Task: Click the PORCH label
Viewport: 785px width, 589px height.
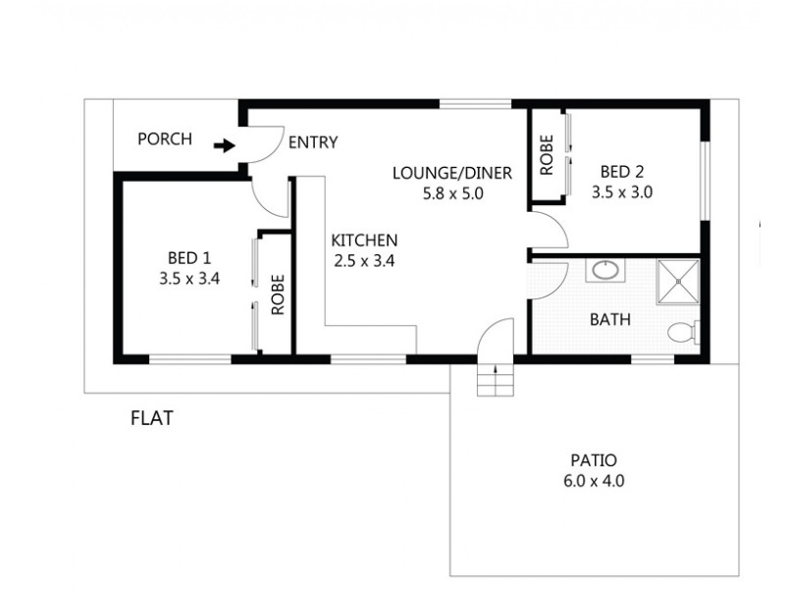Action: [x=165, y=138]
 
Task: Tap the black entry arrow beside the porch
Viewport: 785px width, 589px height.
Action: [x=225, y=146]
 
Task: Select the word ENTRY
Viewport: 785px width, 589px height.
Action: [x=313, y=142]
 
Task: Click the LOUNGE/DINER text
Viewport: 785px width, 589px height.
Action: [x=452, y=174]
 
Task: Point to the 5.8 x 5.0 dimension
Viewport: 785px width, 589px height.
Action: [x=453, y=193]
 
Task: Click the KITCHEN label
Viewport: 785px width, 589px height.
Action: [x=364, y=241]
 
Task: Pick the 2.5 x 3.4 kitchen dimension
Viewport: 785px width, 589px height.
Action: [x=364, y=261]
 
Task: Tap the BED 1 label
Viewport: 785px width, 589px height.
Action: [x=189, y=258]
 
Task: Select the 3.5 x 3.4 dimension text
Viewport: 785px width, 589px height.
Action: [x=189, y=279]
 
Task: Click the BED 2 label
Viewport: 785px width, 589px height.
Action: [x=622, y=172]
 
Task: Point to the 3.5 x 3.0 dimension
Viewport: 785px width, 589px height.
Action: [x=622, y=192]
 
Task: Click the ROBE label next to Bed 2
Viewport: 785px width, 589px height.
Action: [x=547, y=155]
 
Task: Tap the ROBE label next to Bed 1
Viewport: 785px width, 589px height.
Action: [x=278, y=294]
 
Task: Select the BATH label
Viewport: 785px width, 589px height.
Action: [x=609, y=320]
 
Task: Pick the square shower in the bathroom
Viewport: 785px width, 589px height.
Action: [x=678, y=282]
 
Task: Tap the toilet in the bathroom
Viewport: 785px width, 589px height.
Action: [x=683, y=333]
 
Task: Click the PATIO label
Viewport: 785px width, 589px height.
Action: [x=594, y=460]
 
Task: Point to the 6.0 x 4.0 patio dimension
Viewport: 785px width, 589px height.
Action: [x=594, y=481]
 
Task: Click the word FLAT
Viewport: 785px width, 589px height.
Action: [x=152, y=418]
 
